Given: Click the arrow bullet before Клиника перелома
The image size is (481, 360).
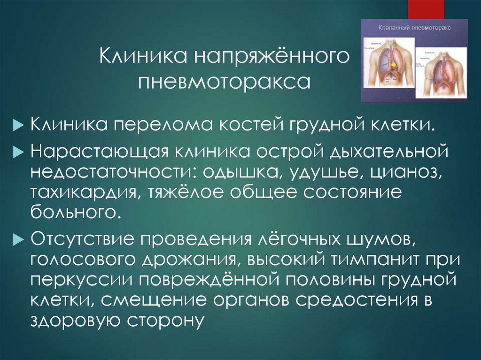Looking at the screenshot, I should click(x=17, y=126).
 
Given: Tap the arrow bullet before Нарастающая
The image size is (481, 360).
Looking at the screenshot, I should click(x=17, y=153).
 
